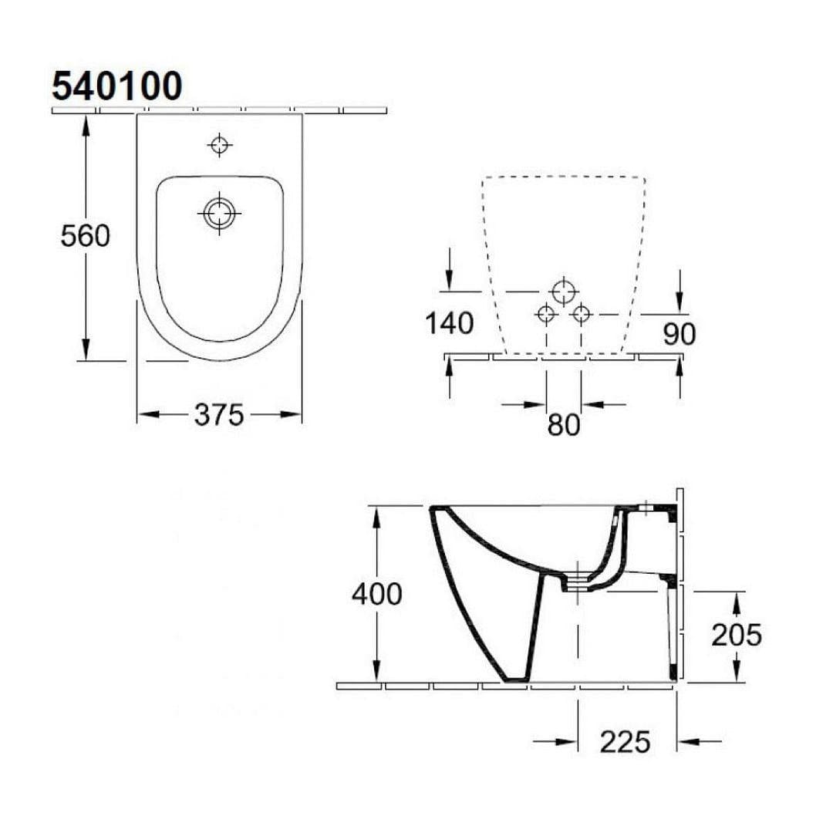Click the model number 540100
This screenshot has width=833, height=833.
(x=116, y=86)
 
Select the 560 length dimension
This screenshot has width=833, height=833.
(x=85, y=236)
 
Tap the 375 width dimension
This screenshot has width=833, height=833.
(x=218, y=415)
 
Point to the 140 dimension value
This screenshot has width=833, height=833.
(x=450, y=324)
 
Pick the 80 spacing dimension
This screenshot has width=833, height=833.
(x=563, y=424)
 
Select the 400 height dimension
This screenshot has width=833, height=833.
(x=376, y=594)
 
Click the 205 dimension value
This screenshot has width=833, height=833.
(x=736, y=635)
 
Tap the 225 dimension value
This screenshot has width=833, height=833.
(x=626, y=741)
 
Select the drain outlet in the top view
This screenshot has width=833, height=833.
(x=221, y=212)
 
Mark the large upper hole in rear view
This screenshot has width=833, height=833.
(x=564, y=292)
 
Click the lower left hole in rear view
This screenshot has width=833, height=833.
(x=546, y=314)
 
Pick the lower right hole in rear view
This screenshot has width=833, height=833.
(x=582, y=314)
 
